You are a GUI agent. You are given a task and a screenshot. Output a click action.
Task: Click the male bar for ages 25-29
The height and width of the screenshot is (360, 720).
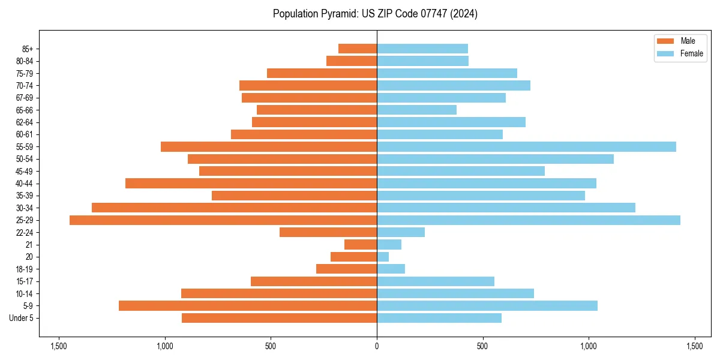(x=223, y=220)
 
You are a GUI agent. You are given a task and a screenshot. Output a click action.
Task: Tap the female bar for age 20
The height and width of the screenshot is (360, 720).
(x=383, y=257)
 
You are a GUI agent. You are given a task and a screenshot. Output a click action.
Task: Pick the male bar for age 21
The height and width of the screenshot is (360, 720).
(x=361, y=245)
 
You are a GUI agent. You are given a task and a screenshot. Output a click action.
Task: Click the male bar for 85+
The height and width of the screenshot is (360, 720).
(x=358, y=49)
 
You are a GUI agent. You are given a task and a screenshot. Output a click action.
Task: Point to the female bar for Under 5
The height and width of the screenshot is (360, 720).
(x=439, y=318)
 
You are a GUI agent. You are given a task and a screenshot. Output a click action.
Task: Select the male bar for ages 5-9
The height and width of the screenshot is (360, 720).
(x=248, y=306)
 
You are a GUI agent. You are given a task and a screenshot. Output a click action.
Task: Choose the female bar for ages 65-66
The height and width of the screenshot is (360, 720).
(x=416, y=110)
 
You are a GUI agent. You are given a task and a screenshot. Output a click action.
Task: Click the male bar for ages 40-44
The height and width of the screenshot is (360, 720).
(x=251, y=184)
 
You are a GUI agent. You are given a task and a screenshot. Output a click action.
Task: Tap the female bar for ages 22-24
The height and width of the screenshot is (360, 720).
(x=401, y=232)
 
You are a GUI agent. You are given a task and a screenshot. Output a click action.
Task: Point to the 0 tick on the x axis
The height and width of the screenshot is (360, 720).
(x=377, y=347)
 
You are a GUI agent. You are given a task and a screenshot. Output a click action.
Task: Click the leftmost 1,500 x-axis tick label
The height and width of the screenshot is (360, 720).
(x=59, y=347)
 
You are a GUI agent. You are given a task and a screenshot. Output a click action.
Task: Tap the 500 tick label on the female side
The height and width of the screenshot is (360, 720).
(x=482, y=347)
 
